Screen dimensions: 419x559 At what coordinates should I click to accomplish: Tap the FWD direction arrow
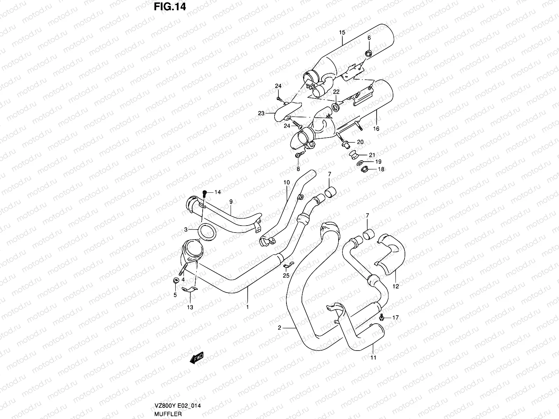[196, 359]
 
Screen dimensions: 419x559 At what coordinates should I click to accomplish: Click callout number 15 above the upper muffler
[342, 32]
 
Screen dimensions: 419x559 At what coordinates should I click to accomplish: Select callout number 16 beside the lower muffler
[376, 129]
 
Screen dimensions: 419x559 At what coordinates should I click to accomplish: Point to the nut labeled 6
[368, 53]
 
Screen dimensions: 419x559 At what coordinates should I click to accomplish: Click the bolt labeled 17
[382, 317]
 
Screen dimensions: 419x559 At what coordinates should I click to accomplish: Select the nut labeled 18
[364, 169]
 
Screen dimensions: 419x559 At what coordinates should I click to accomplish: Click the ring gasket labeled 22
[336, 106]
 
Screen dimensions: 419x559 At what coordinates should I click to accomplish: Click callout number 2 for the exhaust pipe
[279, 328]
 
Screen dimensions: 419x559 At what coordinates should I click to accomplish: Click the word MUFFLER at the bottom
[169, 414]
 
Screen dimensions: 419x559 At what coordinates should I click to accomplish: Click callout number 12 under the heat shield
[395, 286]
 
